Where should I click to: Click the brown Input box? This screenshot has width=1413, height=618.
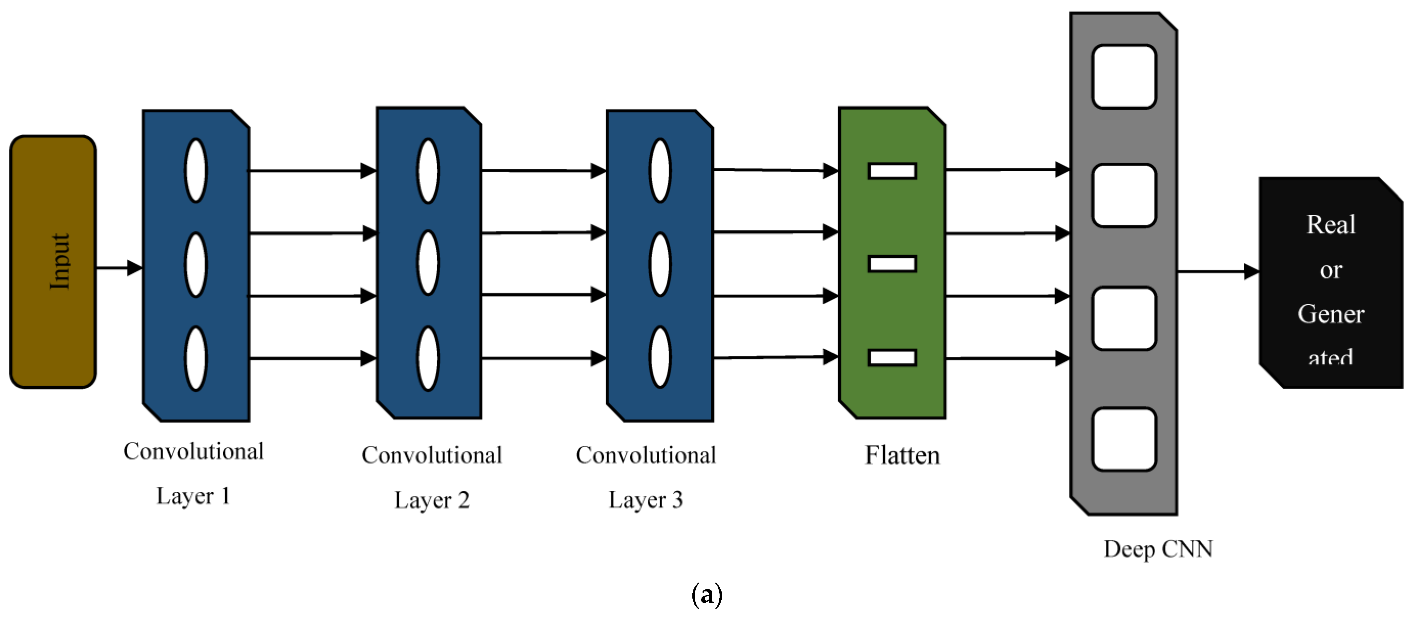(x=53, y=262)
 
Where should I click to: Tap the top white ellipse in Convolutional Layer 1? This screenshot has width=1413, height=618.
(x=196, y=171)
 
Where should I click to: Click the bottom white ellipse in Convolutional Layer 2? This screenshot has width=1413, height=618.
(x=428, y=359)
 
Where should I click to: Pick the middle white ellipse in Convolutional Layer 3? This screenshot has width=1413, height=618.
(x=660, y=264)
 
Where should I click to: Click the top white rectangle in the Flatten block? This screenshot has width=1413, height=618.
(x=892, y=171)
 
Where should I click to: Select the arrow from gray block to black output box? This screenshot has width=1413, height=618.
(x=1218, y=272)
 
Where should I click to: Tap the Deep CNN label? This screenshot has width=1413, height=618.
(x=1158, y=549)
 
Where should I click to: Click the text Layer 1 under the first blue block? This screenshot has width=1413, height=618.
(x=193, y=496)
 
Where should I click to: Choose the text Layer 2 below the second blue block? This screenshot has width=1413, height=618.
(x=432, y=500)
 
